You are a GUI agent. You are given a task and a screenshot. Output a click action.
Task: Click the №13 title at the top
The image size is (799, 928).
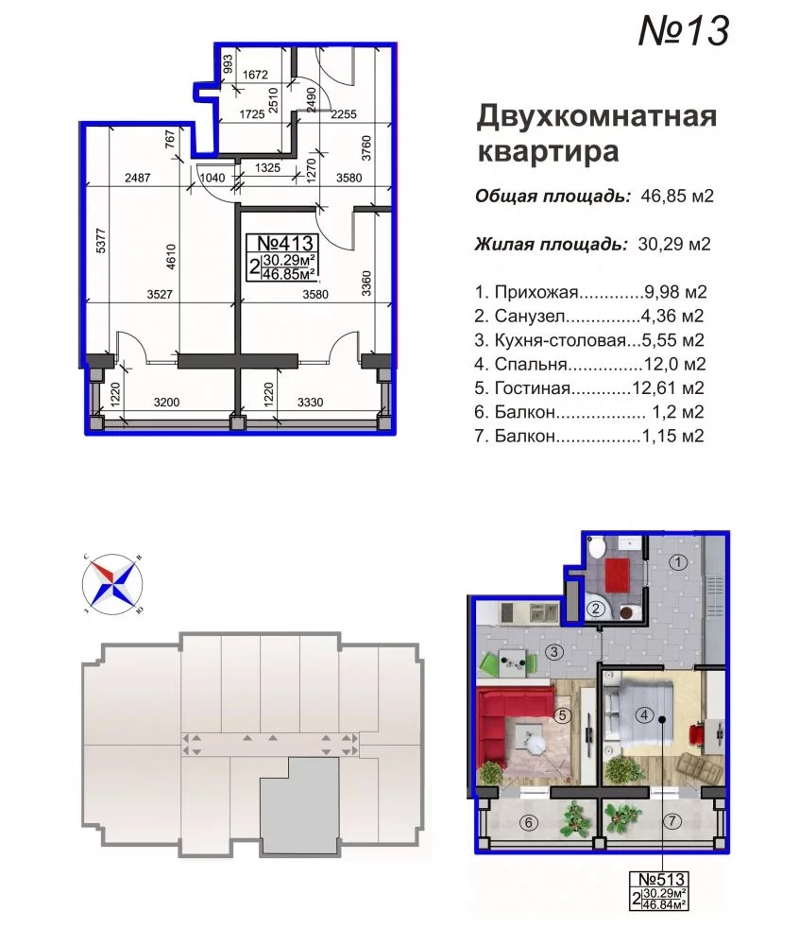coord(684,30)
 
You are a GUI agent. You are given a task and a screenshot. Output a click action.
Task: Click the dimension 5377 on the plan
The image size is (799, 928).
coord(100,241)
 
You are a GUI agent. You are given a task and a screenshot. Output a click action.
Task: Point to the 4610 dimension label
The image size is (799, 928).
coord(171,257)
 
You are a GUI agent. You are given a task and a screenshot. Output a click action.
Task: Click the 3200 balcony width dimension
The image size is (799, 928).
coord(166,403)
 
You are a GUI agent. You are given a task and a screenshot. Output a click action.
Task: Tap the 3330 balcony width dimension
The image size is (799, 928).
coord(310,403)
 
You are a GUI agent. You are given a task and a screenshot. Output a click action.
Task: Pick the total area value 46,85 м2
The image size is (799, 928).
coord(677,196)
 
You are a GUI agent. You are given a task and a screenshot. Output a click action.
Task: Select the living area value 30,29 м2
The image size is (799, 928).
coord(674,243)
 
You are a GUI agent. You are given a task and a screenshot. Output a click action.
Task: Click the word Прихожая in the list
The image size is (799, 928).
coord(535,292)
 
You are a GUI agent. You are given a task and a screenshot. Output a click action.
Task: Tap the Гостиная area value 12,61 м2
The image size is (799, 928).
coord(669,387)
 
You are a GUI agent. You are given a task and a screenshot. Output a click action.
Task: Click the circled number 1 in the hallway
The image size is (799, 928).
coord(678,561)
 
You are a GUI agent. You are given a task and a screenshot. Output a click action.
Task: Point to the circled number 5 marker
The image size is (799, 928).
coord(562,715)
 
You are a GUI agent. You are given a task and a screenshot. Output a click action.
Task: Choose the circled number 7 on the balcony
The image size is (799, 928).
coord(671,821)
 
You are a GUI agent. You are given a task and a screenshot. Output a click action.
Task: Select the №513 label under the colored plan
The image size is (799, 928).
coord(661,879)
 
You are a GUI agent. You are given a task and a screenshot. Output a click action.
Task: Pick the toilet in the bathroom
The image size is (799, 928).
coord(595,548)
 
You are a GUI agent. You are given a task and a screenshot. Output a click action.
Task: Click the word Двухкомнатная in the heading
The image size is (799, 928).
coord(597,116)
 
